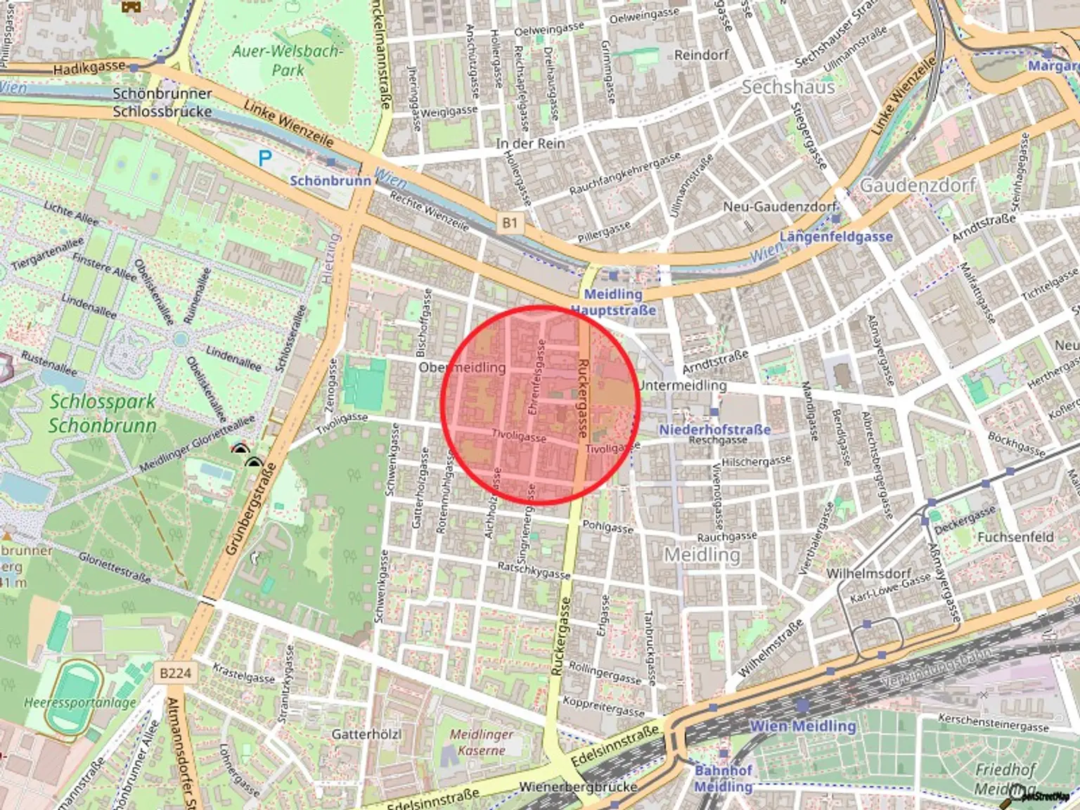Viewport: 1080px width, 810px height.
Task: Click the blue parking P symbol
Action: (x=264, y=158)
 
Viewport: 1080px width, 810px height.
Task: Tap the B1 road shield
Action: (x=510, y=223)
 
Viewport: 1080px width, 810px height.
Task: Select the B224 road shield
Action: (x=175, y=673)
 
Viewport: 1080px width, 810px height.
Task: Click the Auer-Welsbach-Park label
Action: (x=288, y=60)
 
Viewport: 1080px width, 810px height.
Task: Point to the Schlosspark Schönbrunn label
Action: (x=102, y=413)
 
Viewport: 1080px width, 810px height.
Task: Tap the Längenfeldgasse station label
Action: (x=835, y=236)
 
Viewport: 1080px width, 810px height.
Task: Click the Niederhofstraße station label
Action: (x=714, y=429)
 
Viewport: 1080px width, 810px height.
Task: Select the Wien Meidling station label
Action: (x=802, y=726)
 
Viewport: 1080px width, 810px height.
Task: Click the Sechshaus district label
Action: (x=787, y=87)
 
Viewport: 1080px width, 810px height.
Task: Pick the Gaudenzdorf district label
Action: (x=918, y=185)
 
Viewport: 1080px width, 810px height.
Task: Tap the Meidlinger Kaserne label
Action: (x=482, y=742)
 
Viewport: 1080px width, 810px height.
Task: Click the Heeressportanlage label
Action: (x=80, y=702)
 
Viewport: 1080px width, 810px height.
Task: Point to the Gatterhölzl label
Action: (x=366, y=734)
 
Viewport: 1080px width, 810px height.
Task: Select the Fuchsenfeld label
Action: (x=1015, y=536)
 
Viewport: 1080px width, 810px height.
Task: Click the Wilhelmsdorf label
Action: (x=868, y=573)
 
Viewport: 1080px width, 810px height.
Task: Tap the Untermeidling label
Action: (x=683, y=385)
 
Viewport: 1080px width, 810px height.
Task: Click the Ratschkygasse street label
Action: (x=534, y=570)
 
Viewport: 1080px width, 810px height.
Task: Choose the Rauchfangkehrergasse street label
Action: (x=624, y=174)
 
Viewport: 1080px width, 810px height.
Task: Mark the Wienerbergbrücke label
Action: (x=578, y=787)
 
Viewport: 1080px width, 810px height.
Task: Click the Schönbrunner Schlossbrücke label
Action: (x=162, y=102)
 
